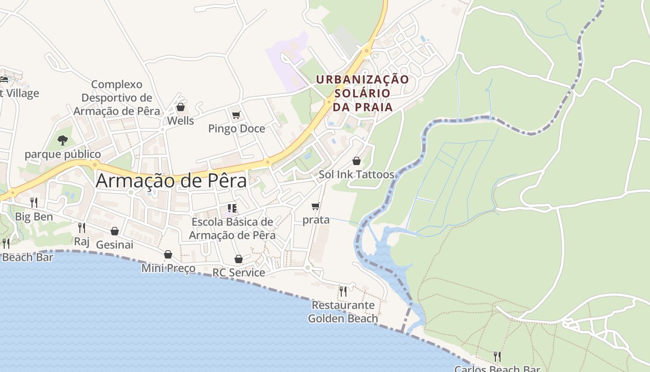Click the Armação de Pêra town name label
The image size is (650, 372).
pyautogui.click(x=171, y=180)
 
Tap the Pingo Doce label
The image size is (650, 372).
pyautogui.click(x=236, y=128)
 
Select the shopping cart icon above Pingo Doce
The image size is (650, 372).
pyautogui.click(x=236, y=115)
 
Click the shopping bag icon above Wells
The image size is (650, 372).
pyautogui.click(x=181, y=107)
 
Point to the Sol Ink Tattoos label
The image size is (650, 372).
pyautogui.click(x=356, y=175)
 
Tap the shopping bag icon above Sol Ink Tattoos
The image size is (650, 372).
pyautogui.click(x=357, y=161)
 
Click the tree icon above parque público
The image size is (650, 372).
pyautogui.click(x=63, y=140)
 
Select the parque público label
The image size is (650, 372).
pyautogui.click(x=63, y=154)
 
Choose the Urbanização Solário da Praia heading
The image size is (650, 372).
pyautogui.click(x=363, y=93)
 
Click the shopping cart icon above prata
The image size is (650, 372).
pyautogui.click(x=316, y=206)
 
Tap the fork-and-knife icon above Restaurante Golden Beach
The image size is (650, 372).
pyautogui.click(x=343, y=292)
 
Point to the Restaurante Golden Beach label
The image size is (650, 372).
pyautogui.click(x=343, y=312)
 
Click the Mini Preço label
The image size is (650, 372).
pyautogui.click(x=168, y=268)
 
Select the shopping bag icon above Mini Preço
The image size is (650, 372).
pyautogui.click(x=168, y=255)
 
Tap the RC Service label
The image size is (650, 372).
pyautogui.click(x=239, y=272)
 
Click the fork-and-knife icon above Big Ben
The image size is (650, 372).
pyautogui.click(x=34, y=203)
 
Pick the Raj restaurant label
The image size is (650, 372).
pyautogui.click(x=81, y=241)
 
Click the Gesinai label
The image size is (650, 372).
pyautogui.click(x=114, y=245)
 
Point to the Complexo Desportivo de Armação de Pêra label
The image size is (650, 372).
pyautogui.click(x=117, y=98)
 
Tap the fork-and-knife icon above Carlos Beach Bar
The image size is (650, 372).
pyautogui.click(x=497, y=357)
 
